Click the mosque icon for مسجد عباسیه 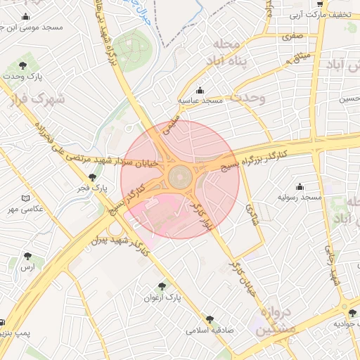[200, 91]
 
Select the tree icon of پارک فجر [92, 178]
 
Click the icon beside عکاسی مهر [27, 199]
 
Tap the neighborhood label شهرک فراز [39, 99]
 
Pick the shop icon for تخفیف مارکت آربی [321, 4]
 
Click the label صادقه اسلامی [210, 329]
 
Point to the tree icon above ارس [27, 257]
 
